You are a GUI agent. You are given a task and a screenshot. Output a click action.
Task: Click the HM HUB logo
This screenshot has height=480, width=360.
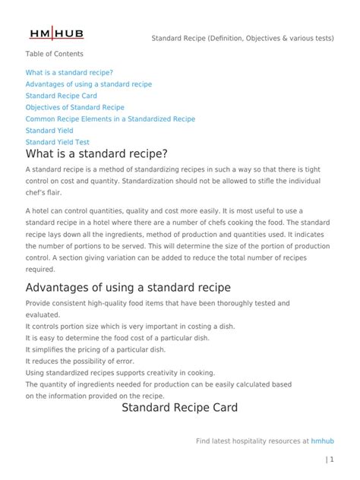[x=58, y=33]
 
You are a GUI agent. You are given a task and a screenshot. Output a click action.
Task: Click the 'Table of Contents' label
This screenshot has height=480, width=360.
[x=54, y=55]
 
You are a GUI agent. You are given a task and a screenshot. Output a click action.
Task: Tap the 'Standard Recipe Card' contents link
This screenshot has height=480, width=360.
[x=62, y=96]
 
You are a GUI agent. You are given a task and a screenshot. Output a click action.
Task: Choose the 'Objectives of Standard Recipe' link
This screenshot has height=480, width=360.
[x=74, y=108]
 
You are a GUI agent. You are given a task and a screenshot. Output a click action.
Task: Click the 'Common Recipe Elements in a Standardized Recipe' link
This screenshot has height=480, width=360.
[x=110, y=119]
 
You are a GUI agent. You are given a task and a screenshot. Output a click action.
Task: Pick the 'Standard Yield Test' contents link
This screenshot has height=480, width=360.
[x=57, y=142]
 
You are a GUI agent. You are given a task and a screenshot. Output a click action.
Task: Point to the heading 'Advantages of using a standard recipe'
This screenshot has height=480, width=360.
[x=128, y=288]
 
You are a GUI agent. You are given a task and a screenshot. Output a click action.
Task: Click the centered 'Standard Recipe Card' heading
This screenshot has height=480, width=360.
[x=180, y=408]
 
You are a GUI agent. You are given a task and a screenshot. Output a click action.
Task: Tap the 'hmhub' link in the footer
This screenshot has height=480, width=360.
[x=323, y=440]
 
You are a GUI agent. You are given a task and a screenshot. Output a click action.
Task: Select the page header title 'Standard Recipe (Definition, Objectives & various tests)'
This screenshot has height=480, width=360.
[x=242, y=38]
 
